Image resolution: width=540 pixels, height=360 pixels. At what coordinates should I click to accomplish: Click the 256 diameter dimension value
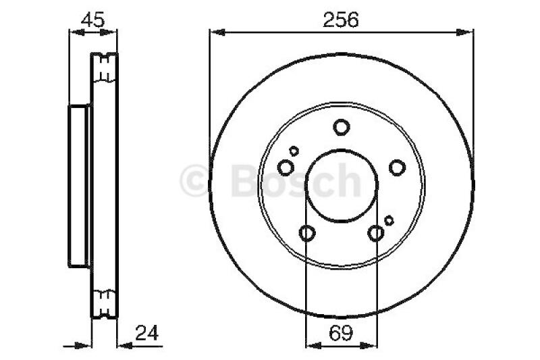coord(340,20)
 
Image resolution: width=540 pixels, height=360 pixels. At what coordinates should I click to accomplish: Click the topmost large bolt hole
coord(342,126)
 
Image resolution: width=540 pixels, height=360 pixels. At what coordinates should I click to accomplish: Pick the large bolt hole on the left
coord(286,167)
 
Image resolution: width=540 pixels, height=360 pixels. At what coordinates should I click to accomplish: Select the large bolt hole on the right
coord(396,167)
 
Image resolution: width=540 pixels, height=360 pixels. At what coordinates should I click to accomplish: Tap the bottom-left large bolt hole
coord(307,233)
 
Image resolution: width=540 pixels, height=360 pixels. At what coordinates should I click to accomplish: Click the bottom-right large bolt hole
coord(376,233)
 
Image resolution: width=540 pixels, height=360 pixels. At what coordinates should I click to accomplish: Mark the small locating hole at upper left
coord(294,151)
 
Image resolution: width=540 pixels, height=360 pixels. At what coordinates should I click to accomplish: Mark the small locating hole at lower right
coord(389,220)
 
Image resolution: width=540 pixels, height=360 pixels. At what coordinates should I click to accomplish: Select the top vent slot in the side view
coord(105,66)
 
